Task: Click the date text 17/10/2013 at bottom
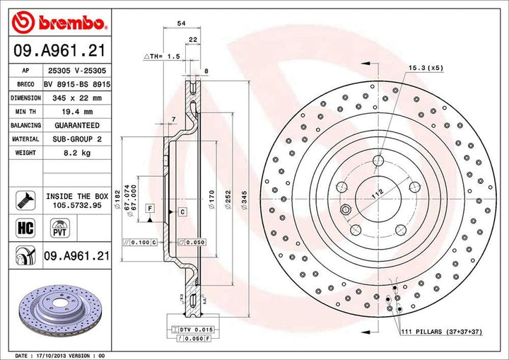(54, 355)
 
